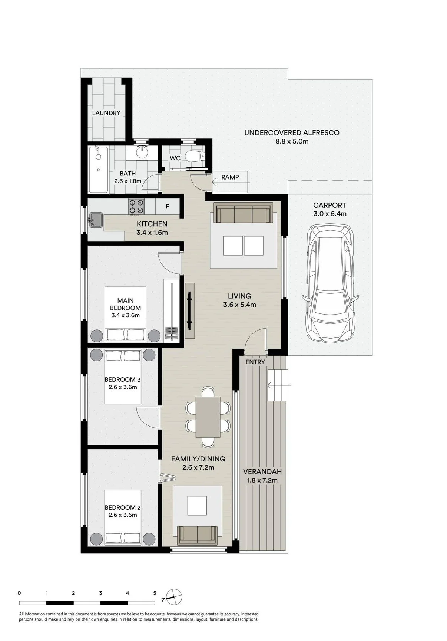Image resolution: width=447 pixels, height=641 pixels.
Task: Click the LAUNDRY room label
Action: click(106, 113)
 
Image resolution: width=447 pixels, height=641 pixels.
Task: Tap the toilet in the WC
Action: click(194, 157)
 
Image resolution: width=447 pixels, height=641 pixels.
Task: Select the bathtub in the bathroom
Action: click(99, 170)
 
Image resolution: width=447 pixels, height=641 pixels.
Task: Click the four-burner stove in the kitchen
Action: click(136, 207)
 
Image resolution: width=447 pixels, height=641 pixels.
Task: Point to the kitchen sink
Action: click(96, 219)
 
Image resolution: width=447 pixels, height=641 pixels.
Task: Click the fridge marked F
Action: click(168, 206)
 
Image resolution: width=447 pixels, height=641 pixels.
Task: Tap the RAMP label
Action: click(230, 177)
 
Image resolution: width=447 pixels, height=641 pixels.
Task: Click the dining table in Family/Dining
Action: click(208, 417)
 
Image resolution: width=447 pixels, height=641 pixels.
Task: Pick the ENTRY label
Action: click(255, 362)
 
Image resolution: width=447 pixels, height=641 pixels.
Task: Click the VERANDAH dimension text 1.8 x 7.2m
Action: click(262, 480)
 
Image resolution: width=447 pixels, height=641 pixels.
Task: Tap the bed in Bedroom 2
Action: click(123, 517)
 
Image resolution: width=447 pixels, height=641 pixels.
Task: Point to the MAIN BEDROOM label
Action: click(126, 304)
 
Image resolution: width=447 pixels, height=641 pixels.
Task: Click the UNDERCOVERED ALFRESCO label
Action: click(292, 132)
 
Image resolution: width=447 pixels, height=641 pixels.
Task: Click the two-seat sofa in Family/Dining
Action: click(198, 535)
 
